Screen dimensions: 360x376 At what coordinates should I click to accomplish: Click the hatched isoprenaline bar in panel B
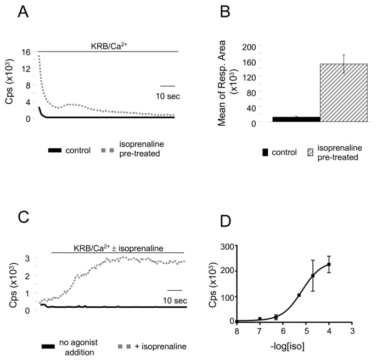344,92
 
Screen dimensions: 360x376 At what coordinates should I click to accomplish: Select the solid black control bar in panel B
296,119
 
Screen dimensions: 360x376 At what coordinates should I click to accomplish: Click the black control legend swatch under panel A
60,149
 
